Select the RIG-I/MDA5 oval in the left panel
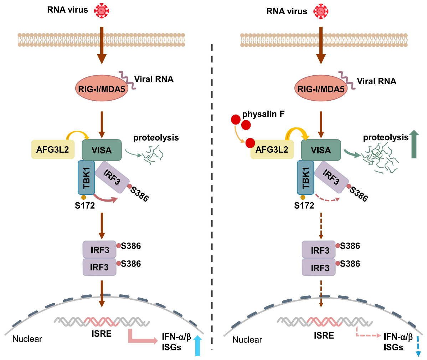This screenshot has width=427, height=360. pyautogui.click(x=102, y=88)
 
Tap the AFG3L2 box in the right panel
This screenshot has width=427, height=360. pyautogui.click(x=272, y=149)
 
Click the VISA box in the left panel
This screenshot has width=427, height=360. pyautogui.click(x=102, y=150)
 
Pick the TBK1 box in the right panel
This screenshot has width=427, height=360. pyautogui.click(x=305, y=177)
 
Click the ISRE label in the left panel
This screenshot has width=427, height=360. pyautogui.click(x=101, y=334)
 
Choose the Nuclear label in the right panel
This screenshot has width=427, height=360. pyautogui.click(x=247, y=340)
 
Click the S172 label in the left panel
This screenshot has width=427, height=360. pyautogui.click(x=85, y=206)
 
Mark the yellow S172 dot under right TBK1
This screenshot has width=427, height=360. pyautogui.click(x=303, y=197)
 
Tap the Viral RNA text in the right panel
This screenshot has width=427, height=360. pyautogui.click(x=376, y=81)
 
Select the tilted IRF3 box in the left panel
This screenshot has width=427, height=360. pyautogui.click(x=111, y=177)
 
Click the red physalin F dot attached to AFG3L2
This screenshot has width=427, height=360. pyautogui.click(x=249, y=143)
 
